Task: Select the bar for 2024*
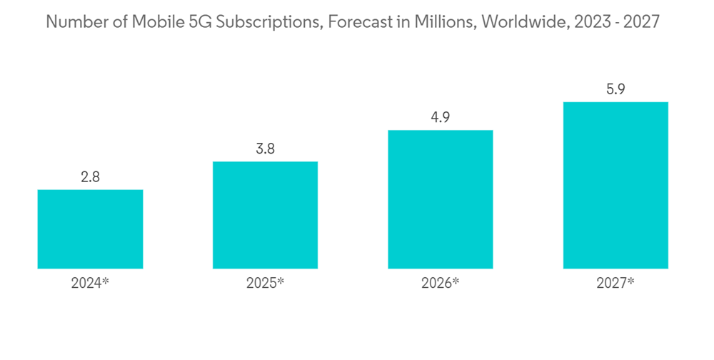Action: coord(90,229)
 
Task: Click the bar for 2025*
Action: coord(265,214)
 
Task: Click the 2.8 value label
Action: coord(90,178)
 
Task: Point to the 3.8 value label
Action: coord(265,149)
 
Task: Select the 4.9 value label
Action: coord(441,118)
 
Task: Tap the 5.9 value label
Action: coord(615,90)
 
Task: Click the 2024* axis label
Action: coord(90,283)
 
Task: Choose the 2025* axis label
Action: coord(265,283)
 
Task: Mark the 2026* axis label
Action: coord(441,283)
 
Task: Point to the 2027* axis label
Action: coord(615,283)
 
